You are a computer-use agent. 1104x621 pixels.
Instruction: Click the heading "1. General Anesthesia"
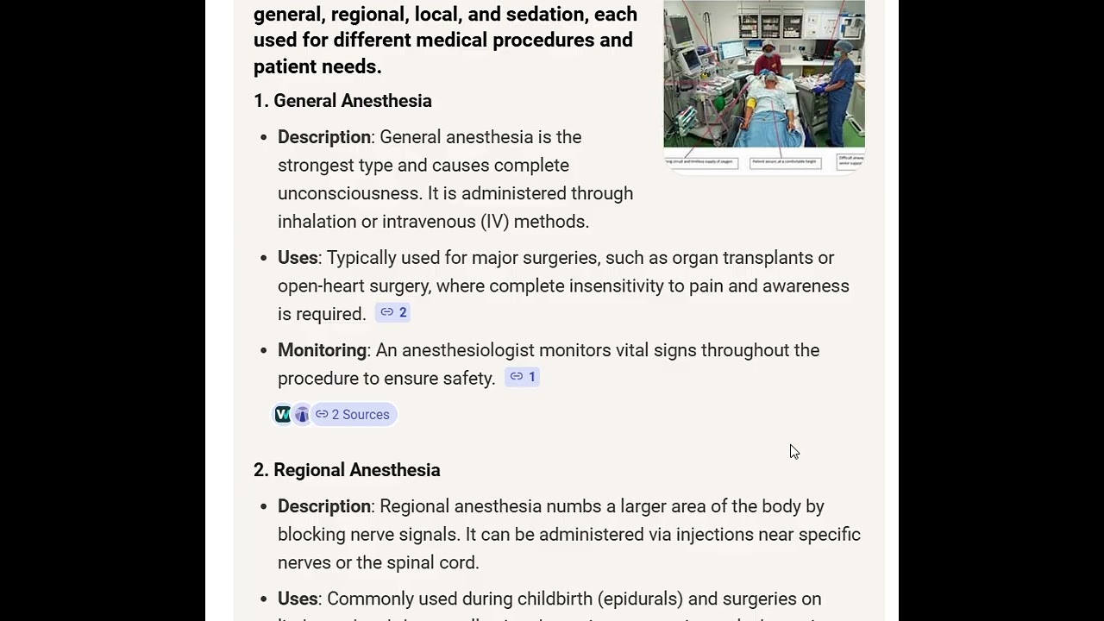tap(342, 101)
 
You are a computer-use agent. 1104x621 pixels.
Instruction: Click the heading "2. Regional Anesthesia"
tap(347, 470)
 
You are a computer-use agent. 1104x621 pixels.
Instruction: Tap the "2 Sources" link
tap(353, 415)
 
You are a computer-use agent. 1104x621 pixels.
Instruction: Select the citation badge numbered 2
tap(393, 313)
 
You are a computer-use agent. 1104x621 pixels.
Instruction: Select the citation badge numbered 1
tap(523, 377)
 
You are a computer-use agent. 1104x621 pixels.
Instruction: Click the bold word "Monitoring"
tap(322, 350)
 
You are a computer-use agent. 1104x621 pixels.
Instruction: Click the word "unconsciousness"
tap(349, 193)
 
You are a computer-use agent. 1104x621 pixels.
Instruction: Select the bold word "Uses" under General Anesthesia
tap(298, 258)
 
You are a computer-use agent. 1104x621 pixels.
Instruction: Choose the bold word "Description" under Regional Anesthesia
tap(324, 506)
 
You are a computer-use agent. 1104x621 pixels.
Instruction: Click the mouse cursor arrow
tap(793, 451)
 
